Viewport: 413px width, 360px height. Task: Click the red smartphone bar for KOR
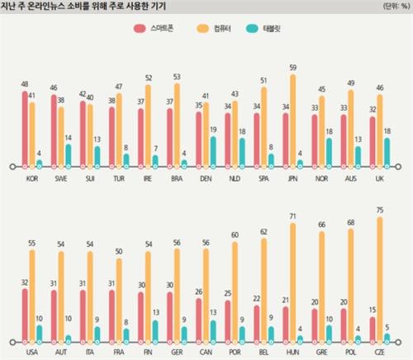pyautogui.click(x=25, y=129)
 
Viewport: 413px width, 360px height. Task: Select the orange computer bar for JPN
pyautogui.click(x=294, y=121)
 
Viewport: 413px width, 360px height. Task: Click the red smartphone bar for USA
pyautogui.click(x=25, y=315)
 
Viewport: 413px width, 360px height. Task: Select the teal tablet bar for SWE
pyautogui.click(x=69, y=155)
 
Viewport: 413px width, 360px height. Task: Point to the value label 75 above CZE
pyautogui.click(x=379, y=211)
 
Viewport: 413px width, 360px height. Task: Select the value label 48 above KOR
pyautogui.click(x=25, y=84)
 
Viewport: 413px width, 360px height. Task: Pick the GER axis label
pyautogui.click(x=176, y=351)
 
